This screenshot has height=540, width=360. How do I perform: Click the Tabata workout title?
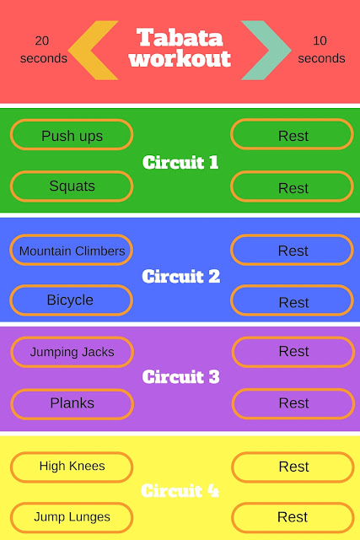click(180, 48)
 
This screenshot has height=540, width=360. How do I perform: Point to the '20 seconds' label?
click(43, 50)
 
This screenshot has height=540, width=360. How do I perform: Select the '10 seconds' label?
click(321, 50)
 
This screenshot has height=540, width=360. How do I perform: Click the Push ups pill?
click(72, 135)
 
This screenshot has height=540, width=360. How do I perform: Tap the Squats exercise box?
click(72, 186)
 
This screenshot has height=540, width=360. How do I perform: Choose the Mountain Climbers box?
click(72, 250)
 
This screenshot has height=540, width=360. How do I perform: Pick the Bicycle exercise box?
click(72, 300)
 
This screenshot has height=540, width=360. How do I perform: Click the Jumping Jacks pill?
click(72, 352)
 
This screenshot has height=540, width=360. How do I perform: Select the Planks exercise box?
click(72, 404)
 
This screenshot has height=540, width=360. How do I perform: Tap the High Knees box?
click(72, 467)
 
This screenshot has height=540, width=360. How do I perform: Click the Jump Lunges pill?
click(72, 517)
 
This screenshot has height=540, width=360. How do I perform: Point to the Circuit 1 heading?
click(180, 162)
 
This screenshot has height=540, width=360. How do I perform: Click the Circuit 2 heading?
click(180, 276)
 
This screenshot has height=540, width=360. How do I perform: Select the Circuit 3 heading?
click(180, 376)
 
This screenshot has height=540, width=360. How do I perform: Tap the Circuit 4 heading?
click(180, 490)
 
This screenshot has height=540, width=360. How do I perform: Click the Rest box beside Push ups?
click(292, 134)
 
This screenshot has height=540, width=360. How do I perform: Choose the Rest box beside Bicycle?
click(292, 300)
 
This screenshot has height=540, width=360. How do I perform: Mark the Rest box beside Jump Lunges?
click(293, 517)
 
